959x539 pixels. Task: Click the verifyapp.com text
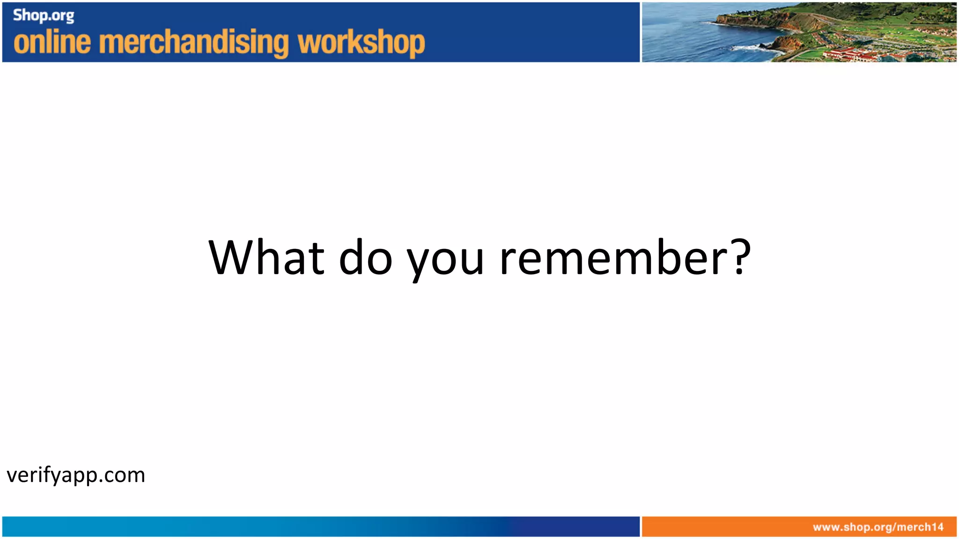tap(76, 475)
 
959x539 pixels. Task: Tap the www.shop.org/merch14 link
tap(878, 527)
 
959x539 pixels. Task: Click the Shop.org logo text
tap(44, 15)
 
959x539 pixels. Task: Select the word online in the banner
tap(52, 42)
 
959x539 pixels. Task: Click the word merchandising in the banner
tap(194, 43)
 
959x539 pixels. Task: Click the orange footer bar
tap(726, 527)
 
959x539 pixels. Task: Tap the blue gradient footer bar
tap(318, 527)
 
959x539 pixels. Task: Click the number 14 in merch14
tap(937, 527)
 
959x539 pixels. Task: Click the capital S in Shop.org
tap(17, 15)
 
